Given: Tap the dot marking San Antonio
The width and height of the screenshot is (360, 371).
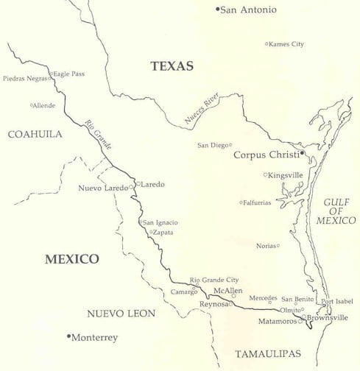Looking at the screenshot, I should coord(218,9).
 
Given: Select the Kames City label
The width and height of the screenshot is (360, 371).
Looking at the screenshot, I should coord(287,44).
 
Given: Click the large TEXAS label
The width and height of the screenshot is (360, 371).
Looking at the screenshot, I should coord(172,66).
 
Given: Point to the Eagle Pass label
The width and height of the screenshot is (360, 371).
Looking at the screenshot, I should coord(69,74).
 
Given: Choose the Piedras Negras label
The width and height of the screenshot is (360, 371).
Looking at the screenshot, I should coord(25,78).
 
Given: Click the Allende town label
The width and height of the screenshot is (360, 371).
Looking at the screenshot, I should coord(45,106).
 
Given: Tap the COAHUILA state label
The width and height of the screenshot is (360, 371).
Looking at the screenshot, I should coord(35,134).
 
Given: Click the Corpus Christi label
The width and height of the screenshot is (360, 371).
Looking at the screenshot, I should coord(266,155).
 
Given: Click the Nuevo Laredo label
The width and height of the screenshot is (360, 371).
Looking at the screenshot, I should coord(103,188).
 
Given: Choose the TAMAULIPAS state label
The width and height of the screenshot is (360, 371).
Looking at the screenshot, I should coord(268,355).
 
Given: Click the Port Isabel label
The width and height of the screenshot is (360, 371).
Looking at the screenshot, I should coord(337,301).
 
